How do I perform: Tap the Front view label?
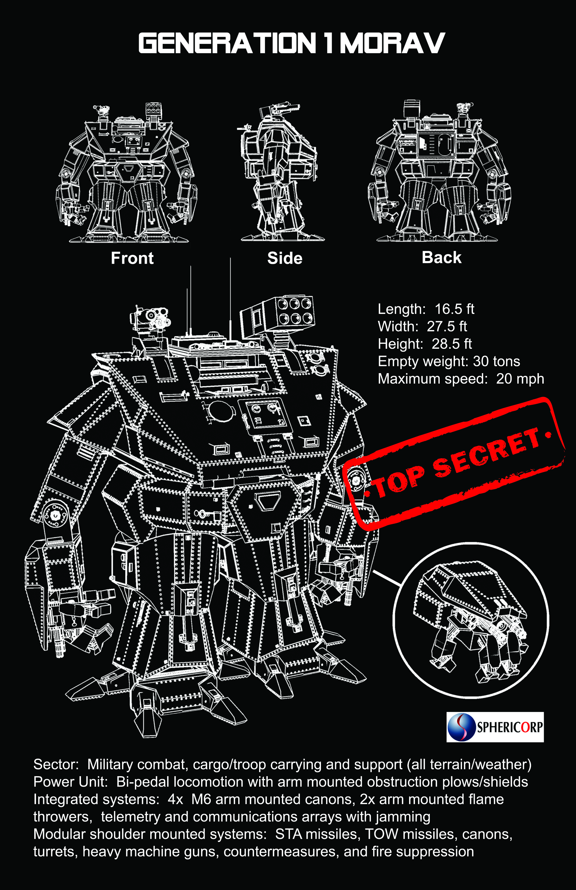132,258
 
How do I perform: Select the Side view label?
285,258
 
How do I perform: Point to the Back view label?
441,257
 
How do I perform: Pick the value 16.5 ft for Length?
454,309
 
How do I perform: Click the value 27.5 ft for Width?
447,326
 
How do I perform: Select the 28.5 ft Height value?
452,344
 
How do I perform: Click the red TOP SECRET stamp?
454,464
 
